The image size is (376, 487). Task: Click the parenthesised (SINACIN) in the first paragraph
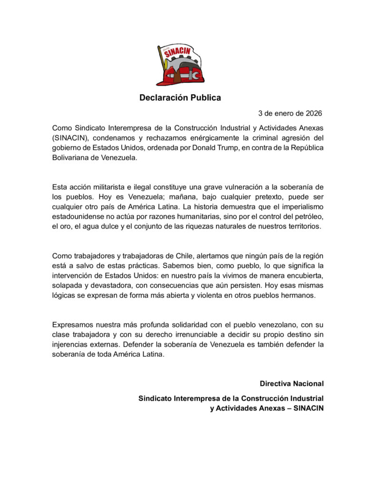71,138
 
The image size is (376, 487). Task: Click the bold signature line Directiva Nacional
291,383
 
